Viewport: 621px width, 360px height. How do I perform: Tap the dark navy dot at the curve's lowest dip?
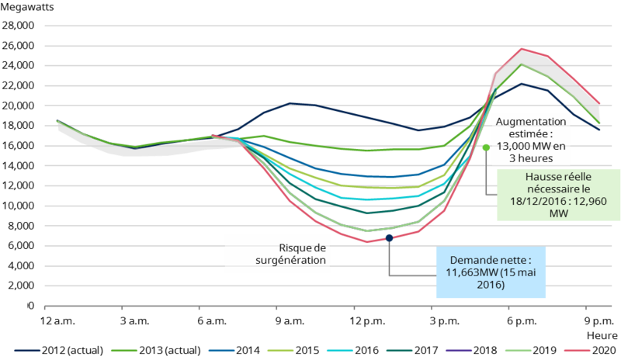tap(389, 237)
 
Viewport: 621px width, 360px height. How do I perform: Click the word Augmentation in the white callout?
tap(530, 123)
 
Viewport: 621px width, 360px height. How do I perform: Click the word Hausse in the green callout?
tap(525, 177)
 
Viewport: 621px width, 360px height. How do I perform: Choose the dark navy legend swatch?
tap(27, 351)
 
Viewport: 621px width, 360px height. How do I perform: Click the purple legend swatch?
tap(459, 351)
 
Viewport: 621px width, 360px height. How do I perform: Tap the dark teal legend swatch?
tap(399, 351)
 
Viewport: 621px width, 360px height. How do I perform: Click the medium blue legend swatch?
tap(221, 351)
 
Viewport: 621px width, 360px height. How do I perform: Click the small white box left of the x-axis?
tap(16, 305)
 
